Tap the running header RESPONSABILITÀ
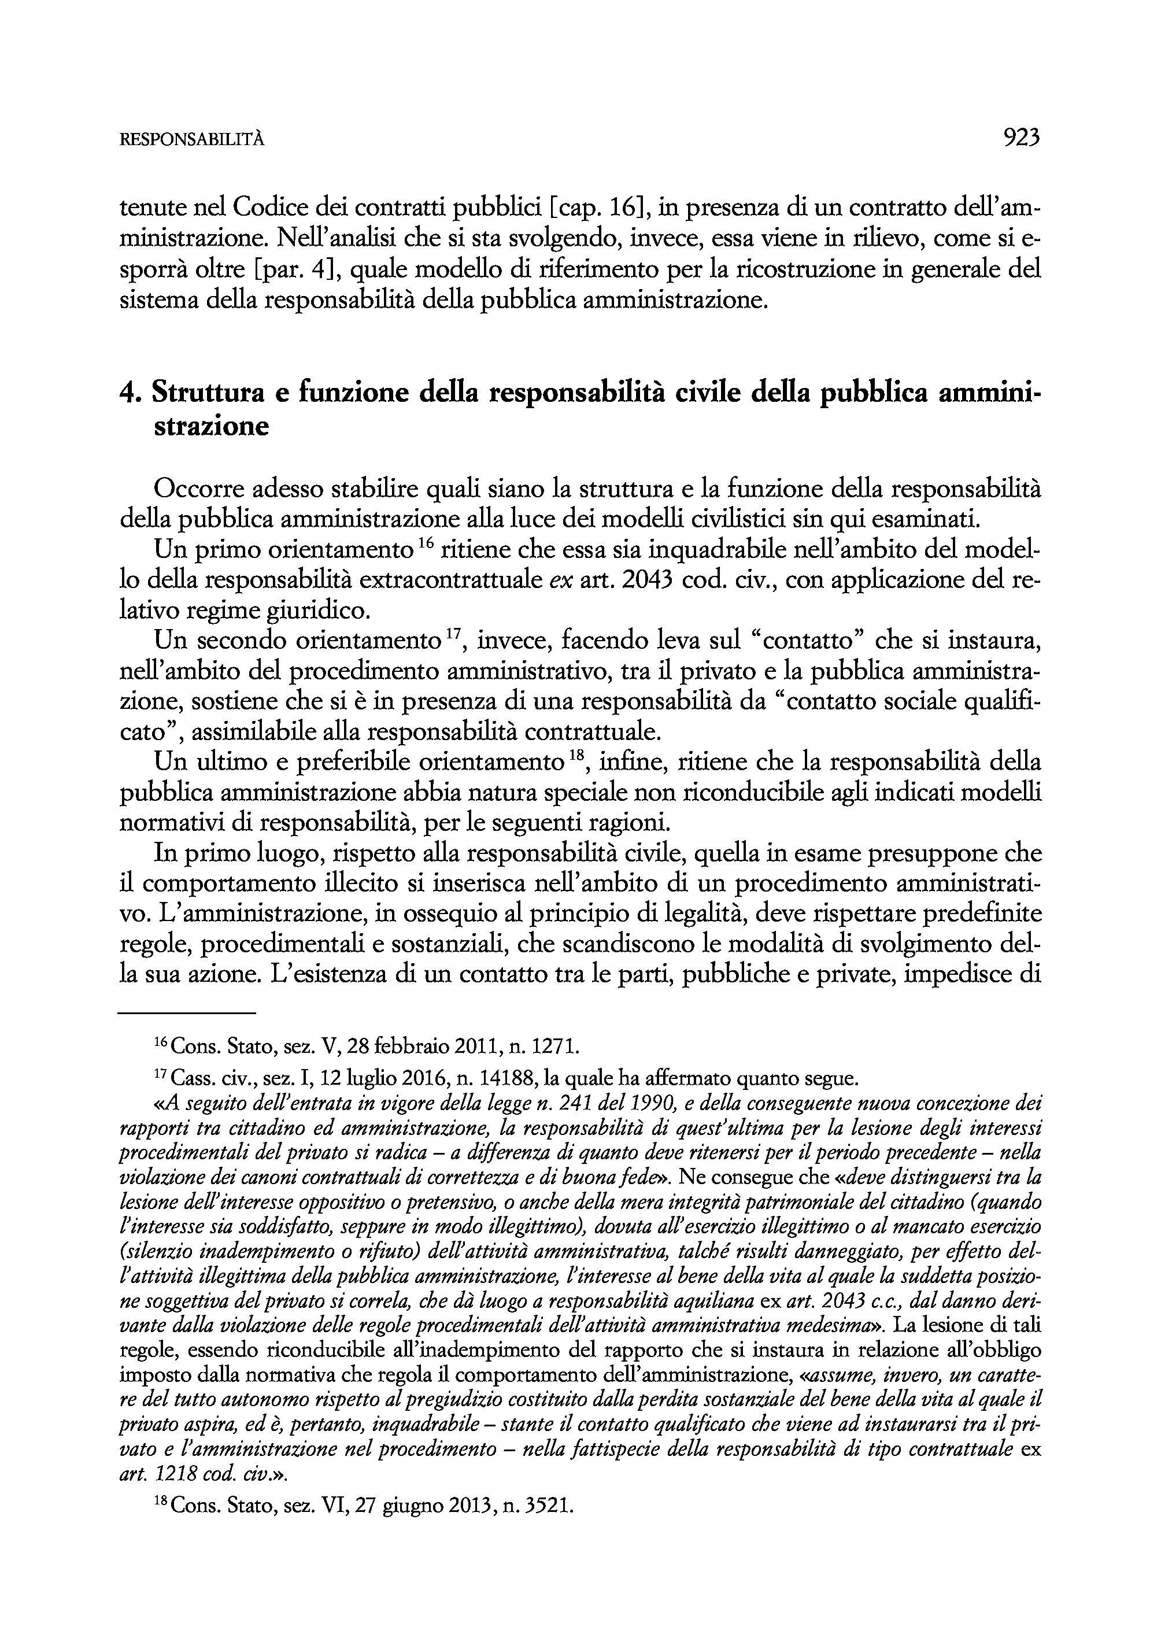point(191,141)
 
